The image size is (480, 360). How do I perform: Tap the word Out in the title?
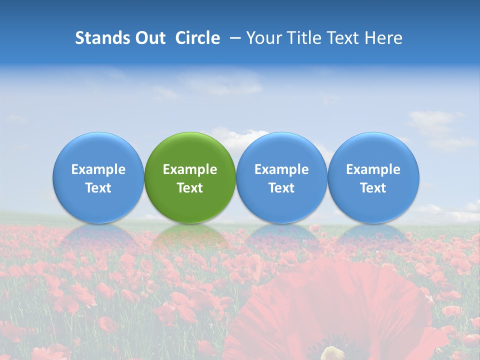pyautogui.click(x=149, y=38)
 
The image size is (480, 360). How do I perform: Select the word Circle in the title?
pyautogui.click(x=197, y=38)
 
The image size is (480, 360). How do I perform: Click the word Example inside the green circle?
pyautogui.click(x=190, y=169)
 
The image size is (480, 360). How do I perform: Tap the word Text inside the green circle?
pyautogui.click(x=190, y=188)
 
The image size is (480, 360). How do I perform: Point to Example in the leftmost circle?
pyautogui.click(x=98, y=169)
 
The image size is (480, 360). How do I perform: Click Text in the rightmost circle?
pyautogui.click(x=373, y=188)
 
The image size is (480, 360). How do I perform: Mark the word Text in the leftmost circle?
pyautogui.click(x=98, y=188)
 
